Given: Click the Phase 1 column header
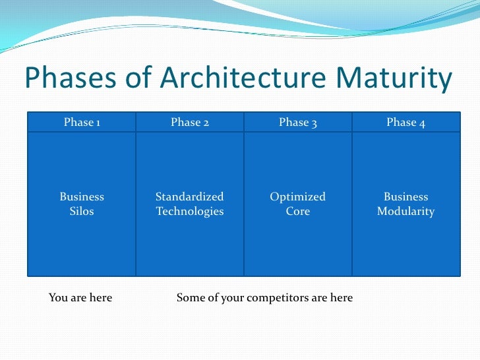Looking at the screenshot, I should [x=82, y=122].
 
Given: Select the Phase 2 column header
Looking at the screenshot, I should [x=190, y=122].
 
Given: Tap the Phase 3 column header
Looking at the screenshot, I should [x=298, y=122].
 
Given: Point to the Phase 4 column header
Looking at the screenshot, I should [x=405, y=122].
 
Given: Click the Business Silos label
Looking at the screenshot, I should [x=82, y=204].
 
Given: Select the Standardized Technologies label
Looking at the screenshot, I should [x=190, y=204].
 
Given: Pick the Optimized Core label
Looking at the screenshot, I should [x=298, y=204].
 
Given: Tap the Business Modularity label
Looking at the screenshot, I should [x=405, y=204].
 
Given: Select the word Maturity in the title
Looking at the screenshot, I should [x=394, y=79].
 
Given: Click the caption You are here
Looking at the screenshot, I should [x=80, y=297].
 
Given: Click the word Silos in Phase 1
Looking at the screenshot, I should [x=82, y=212].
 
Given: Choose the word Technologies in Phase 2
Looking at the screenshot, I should [x=190, y=212].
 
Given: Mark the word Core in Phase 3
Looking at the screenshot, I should [x=298, y=212].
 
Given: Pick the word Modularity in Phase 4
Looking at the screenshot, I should [x=405, y=212].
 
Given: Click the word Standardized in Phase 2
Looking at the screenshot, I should [x=190, y=196].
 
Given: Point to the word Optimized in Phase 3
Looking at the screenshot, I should [x=298, y=196].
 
